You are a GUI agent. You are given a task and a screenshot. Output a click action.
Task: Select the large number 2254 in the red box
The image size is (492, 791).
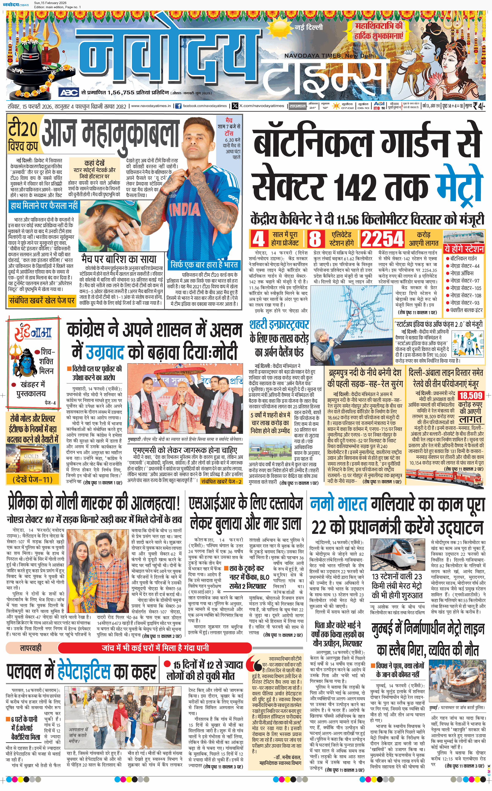pos(383,239)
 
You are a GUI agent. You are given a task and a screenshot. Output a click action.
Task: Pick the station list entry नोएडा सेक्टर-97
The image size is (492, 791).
pos(465,281)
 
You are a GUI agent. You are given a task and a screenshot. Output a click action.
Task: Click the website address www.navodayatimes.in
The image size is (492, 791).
pos(151,106)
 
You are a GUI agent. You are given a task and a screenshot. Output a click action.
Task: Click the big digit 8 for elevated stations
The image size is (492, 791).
pos(315,239)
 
